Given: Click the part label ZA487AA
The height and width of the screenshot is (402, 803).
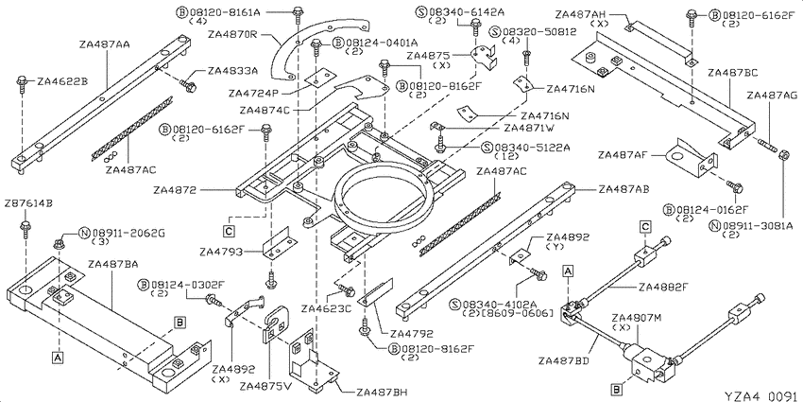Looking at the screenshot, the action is [x=105, y=44].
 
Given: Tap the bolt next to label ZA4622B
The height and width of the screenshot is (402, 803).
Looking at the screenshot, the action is [x=23, y=84].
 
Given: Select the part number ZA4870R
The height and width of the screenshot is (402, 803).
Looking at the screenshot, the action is [x=233, y=34].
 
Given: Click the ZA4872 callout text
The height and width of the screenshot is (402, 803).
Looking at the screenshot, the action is [x=174, y=190].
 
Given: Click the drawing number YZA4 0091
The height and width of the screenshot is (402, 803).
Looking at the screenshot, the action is [x=762, y=395].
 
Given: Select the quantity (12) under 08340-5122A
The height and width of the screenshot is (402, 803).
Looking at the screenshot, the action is [x=506, y=156].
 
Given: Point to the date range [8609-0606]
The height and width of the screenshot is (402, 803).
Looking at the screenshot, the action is [x=522, y=313].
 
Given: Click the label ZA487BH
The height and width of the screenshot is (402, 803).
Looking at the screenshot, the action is [x=382, y=393].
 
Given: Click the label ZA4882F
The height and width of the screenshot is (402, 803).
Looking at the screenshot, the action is [x=663, y=287].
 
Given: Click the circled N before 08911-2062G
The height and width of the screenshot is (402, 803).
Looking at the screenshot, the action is [x=84, y=234].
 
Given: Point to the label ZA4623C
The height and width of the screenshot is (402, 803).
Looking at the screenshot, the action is [x=326, y=308].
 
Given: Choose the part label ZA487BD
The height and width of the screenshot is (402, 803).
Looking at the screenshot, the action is [x=563, y=360].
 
